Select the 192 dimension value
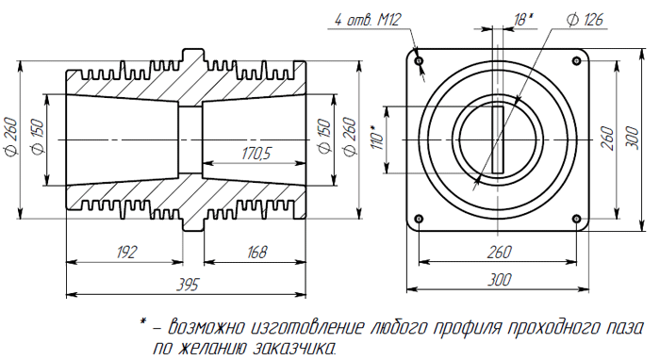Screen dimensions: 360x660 click(x=126, y=252)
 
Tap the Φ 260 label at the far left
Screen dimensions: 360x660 click(x=12, y=139)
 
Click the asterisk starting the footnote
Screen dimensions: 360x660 click(x=143, y=323)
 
